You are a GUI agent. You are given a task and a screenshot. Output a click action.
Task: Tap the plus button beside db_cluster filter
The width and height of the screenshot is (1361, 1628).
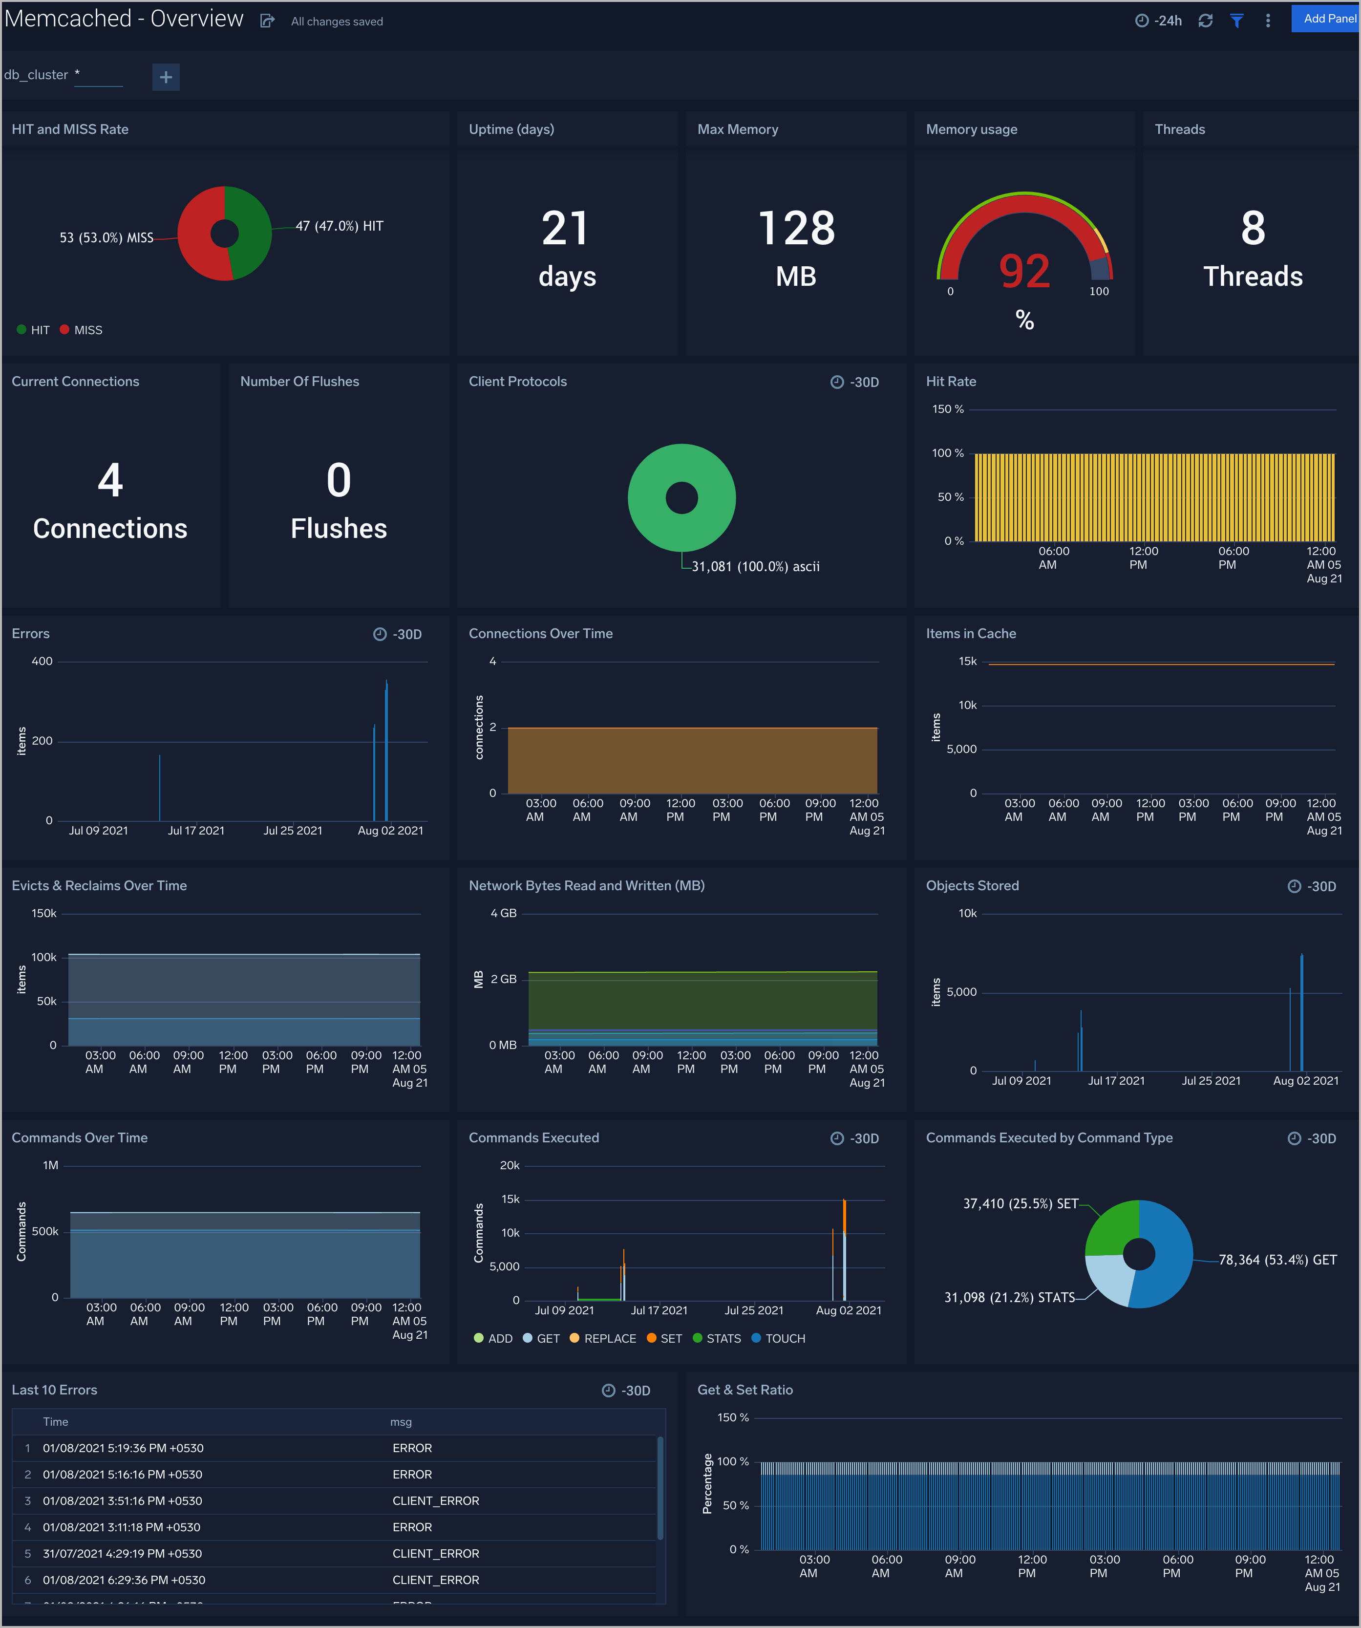166,77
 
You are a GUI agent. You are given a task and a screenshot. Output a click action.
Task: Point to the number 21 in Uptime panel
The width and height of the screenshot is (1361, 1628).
566,230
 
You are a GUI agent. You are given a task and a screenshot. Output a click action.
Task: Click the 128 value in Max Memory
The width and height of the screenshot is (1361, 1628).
796,230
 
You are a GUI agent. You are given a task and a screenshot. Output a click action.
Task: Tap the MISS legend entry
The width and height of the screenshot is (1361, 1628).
87,330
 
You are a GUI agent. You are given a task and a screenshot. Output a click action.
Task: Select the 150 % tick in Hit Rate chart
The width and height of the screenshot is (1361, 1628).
947,409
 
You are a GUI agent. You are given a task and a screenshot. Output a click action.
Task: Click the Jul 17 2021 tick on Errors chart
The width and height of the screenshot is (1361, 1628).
196,830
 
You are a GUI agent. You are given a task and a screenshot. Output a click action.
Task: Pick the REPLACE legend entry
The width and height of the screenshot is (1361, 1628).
609,1339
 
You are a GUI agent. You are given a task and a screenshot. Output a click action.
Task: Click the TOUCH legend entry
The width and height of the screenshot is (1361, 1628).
785,1339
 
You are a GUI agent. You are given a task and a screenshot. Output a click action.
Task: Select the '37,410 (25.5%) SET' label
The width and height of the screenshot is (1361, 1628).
1020,1204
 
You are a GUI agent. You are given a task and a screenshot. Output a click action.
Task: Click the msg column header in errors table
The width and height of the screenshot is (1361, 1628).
401,1422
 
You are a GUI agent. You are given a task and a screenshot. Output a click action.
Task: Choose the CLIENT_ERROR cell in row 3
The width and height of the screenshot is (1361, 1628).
436,1501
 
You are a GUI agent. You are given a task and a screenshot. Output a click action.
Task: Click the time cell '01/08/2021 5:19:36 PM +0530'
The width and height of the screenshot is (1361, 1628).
123,1448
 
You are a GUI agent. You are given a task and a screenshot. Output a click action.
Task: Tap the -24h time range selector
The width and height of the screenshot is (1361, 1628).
1159,21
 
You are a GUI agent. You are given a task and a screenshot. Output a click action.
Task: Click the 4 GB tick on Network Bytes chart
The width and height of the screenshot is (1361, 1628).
503,913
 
